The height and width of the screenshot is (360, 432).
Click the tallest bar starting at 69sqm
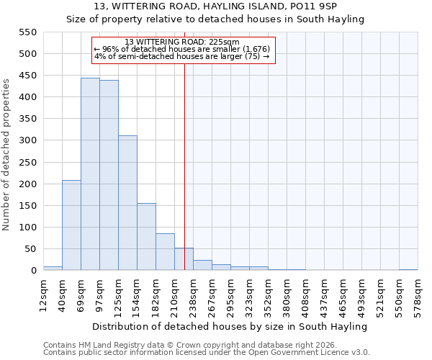90,174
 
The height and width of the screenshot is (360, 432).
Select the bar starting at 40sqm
71,225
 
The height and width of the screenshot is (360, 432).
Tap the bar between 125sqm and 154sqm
127,203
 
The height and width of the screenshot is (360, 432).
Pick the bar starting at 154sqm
146,237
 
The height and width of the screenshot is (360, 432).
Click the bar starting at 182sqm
165,252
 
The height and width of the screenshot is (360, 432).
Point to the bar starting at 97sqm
109,176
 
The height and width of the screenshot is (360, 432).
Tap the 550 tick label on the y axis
27,32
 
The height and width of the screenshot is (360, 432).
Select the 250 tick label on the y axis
27,163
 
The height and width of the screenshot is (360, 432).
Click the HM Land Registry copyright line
186,345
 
